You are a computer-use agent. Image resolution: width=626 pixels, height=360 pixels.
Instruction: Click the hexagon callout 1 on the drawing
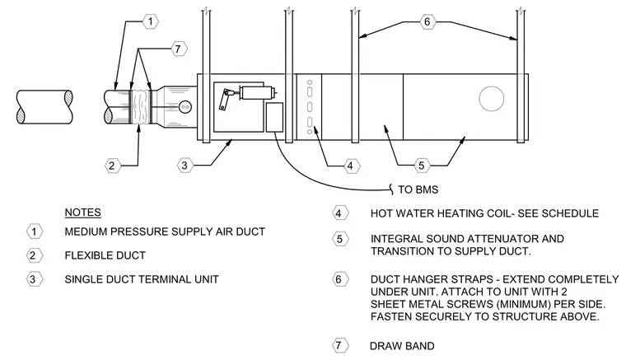point(151,21)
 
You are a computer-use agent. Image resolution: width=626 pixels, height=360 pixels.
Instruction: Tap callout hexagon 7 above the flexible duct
point(179,49)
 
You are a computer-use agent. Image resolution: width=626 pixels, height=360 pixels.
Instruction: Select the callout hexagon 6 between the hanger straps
point(427,21)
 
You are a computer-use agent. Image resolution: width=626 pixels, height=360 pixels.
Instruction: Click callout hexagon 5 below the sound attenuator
point(422,166)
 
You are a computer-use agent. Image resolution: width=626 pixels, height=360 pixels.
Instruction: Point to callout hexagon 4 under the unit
point(351,166)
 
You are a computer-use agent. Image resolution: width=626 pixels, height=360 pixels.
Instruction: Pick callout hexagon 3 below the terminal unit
point(185,166)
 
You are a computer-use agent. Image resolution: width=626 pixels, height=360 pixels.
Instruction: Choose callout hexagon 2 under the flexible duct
point(112,166)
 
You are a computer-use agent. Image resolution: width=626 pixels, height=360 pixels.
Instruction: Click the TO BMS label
point(418,189)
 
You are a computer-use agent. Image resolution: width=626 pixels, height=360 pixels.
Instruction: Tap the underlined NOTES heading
point(82,213)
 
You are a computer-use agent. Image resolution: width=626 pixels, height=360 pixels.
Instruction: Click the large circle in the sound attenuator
point(492,99)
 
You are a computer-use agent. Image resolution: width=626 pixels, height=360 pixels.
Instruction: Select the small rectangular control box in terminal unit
point(274,117)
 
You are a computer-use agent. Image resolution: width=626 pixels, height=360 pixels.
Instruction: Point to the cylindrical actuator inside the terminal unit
point(256,92)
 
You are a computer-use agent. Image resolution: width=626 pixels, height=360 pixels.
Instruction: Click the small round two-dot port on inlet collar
point(185,107)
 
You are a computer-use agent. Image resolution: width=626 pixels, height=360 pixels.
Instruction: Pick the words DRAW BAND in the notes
point(402,346)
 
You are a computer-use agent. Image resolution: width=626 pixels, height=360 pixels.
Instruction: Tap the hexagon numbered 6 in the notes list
point(339,279)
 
